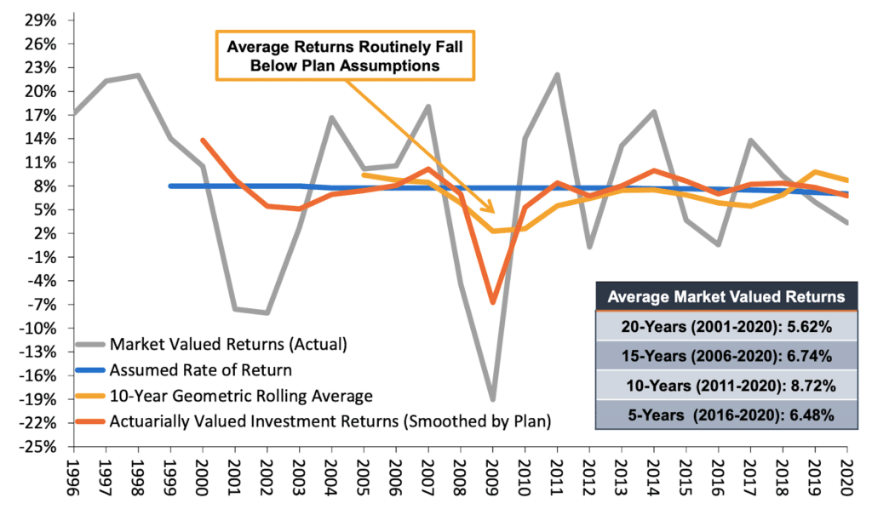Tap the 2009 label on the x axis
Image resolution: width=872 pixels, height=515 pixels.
coord(492,482)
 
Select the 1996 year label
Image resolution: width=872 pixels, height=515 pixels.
coord(73,482)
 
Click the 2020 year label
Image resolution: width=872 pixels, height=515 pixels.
coord(846,482)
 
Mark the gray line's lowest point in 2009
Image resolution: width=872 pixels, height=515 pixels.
coord(492,399)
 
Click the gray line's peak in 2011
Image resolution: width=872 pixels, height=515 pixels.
coord(557,74)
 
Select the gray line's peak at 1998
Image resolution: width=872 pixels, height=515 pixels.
coord(138,75)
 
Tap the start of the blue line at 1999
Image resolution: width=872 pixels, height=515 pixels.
coord(170,186)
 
